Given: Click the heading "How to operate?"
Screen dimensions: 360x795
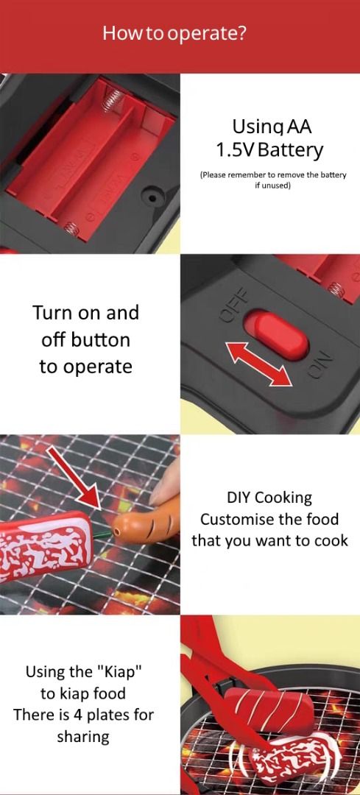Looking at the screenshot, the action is coord(175,34).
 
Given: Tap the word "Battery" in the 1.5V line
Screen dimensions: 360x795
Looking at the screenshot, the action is coord(293,150).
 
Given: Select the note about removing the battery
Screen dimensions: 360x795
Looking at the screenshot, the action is coord(273,180).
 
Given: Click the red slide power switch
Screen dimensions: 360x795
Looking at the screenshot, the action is coord(276,335).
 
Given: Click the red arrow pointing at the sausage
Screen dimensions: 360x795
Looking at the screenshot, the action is coord(75,476).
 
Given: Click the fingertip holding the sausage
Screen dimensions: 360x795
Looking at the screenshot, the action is coord(165,481).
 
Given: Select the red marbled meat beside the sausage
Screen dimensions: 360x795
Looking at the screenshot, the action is coord(46,545).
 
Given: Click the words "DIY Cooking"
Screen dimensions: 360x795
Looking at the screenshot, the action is coord(269,498).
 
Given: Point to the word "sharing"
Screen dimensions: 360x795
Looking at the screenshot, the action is coord(83,737).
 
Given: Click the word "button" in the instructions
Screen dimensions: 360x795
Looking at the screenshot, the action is coord(99,339).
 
